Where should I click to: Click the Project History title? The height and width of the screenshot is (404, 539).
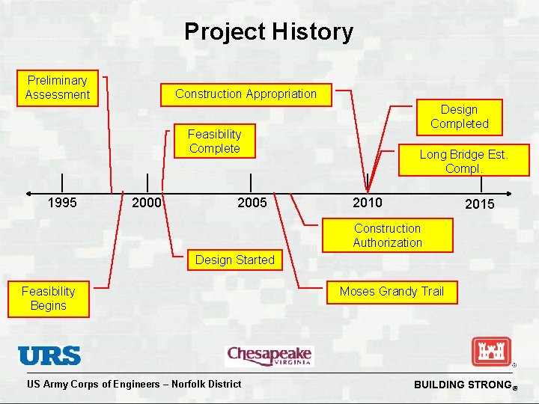pyautogui.click(x=269, y=31)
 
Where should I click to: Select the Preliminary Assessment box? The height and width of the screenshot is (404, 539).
pyautogui.click(x=58, y=88)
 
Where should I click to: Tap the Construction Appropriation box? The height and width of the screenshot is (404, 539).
pyautogui.click(x=246, y=94)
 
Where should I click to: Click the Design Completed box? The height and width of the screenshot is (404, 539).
pyautogui.click(x=459, y=117)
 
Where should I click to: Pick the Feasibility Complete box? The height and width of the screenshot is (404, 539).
pyautogui.click(x=215, y=141)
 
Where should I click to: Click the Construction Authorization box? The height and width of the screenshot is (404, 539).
pyautogui.click(x=387, y=235)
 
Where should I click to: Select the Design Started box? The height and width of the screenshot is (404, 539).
pyautogui.click(x=234, y=260)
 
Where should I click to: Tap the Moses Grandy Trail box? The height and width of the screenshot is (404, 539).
pyautogui.click(x=392, y=292)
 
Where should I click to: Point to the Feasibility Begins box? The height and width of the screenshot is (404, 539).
pyautogui.click(x=49, y=299)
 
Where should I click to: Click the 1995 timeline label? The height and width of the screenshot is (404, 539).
pyautogui.click(x=61, y=202)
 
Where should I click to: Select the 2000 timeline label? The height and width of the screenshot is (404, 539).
pyautogui.click(x=146, y=202)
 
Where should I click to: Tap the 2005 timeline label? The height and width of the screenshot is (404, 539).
pyautogui.click(x=252, y=202)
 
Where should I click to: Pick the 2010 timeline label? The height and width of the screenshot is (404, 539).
pyautogui.click(x=367, y=202)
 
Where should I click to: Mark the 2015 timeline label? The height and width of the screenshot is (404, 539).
pyautogui.click(x=479, y=203)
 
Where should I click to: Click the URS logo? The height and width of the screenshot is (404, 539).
pyautogui.click(x=49, y=355)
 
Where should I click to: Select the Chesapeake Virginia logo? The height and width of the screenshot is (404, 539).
pyautogui.click(x=269, y=355)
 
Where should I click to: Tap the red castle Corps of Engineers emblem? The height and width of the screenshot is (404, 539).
pyautogui.click(x=491, y=352)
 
